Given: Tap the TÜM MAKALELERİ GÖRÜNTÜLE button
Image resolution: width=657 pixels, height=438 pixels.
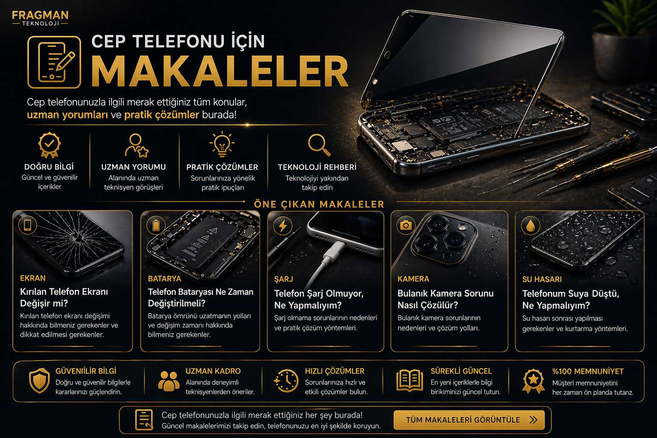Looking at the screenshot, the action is tap(469, 420).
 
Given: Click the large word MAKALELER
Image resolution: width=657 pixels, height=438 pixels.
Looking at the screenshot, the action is tap(220, 71).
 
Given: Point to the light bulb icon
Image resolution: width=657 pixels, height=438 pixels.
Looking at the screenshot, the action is tap(222, 144).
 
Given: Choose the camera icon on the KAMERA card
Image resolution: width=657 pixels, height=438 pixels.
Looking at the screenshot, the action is tap(406, 225).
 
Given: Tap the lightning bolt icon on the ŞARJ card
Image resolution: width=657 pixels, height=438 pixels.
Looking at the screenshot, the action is tap(283, 226).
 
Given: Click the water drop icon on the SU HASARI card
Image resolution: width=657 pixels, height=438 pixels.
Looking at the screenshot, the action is tap(530, 225).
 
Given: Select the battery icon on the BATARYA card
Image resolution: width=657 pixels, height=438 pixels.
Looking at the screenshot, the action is tap(156, 225).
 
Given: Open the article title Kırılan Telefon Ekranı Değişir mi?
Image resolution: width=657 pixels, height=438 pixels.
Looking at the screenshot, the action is tap(64, 297).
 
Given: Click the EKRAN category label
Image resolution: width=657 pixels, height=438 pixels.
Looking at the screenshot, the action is tap(33, 278).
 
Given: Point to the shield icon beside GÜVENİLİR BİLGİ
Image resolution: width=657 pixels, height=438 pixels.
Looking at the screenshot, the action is tap(39, 381).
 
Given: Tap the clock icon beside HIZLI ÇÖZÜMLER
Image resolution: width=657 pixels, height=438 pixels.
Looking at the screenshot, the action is tap(286, 381).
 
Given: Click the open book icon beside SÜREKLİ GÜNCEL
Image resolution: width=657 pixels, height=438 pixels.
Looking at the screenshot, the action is tap(410, 381).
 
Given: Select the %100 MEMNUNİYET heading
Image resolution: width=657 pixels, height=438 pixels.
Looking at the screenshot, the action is tap(588, 371).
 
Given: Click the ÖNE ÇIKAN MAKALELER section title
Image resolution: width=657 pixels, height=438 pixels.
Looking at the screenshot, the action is tap(319, 204).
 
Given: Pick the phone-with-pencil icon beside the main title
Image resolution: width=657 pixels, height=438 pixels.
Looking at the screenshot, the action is tap(54, 62).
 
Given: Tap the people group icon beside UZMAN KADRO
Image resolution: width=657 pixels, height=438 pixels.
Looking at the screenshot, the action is tap(169, 381).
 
